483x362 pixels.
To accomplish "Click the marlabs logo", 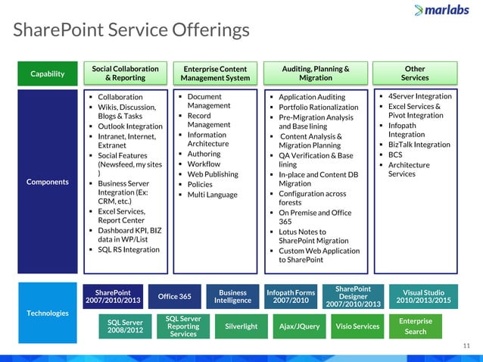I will click(445, 11).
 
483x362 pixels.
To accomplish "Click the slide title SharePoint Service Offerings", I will click(131, 30).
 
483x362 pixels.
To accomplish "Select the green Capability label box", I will click(46, 73).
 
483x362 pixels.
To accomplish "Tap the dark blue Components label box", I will click(46, 182).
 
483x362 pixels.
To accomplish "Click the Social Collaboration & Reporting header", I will click(125, 73).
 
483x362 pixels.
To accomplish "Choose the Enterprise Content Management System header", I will click(215, 73).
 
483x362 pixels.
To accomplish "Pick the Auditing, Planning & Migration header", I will click(315, 73).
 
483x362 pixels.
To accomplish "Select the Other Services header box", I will click(415, 73).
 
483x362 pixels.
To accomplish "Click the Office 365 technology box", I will click(174, 296).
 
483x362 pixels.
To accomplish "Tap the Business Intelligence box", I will click(232, 296).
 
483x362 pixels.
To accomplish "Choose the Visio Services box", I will click(357, 326).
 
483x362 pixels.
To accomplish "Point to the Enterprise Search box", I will click(415, 326).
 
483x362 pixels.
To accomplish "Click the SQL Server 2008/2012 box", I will click(125, 326).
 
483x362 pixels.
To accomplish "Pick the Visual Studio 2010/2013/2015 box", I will click(423, 296).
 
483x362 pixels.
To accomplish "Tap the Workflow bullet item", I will click(204, 164).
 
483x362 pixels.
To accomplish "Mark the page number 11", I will click(466, 345).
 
